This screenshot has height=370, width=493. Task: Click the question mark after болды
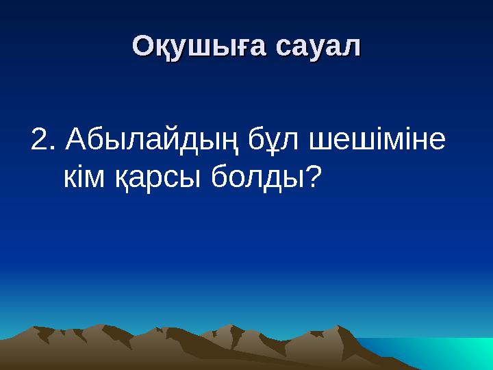(313, 177)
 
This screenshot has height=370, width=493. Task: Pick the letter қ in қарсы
(120, 180)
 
